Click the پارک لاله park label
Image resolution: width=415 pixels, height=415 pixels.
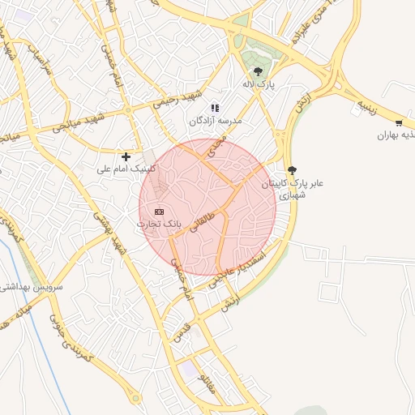pyautogui.click(x=258, y=83)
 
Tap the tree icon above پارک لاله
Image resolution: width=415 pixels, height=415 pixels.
pyautogui.click(x=258, y=71)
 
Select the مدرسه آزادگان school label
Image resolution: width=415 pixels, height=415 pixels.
pyautogui.click(x=216, y=120)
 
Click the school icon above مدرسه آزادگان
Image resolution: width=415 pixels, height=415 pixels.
pyautogui.click(x=215, y=108)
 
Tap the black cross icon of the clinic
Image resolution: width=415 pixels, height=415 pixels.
pyautogui.click(x=126, y=156)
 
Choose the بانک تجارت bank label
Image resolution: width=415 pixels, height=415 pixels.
pyautogui.click(x=160, y=222)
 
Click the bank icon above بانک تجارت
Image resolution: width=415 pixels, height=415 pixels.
pyautogui.click(x=159, y=211)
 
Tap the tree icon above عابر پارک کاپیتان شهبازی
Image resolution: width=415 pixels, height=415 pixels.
pyautogui.click(x=292, y=169)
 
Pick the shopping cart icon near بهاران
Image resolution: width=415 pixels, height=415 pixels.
pyautogui.click(x=399, y=122)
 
